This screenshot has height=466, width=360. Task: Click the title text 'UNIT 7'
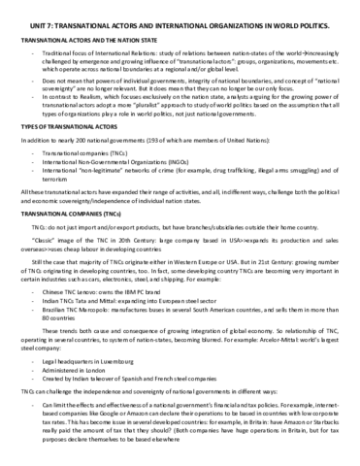pos(30,8)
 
